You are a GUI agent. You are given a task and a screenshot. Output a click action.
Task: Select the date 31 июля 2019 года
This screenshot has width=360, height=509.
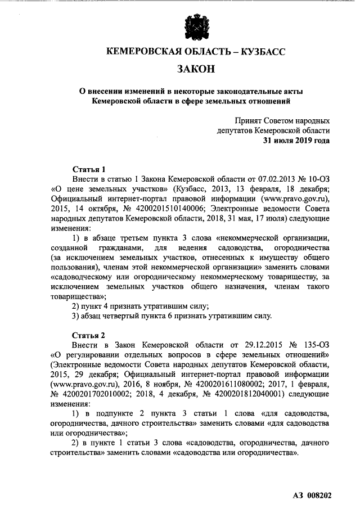[x=296, y=140]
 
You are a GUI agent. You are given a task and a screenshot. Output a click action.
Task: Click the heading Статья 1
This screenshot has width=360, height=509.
[x=89, y=169]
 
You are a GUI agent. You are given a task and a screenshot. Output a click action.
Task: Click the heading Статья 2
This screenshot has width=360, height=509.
[x=89, y=335]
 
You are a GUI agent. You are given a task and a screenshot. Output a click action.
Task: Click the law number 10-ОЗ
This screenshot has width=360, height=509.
[x=314, y=178]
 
